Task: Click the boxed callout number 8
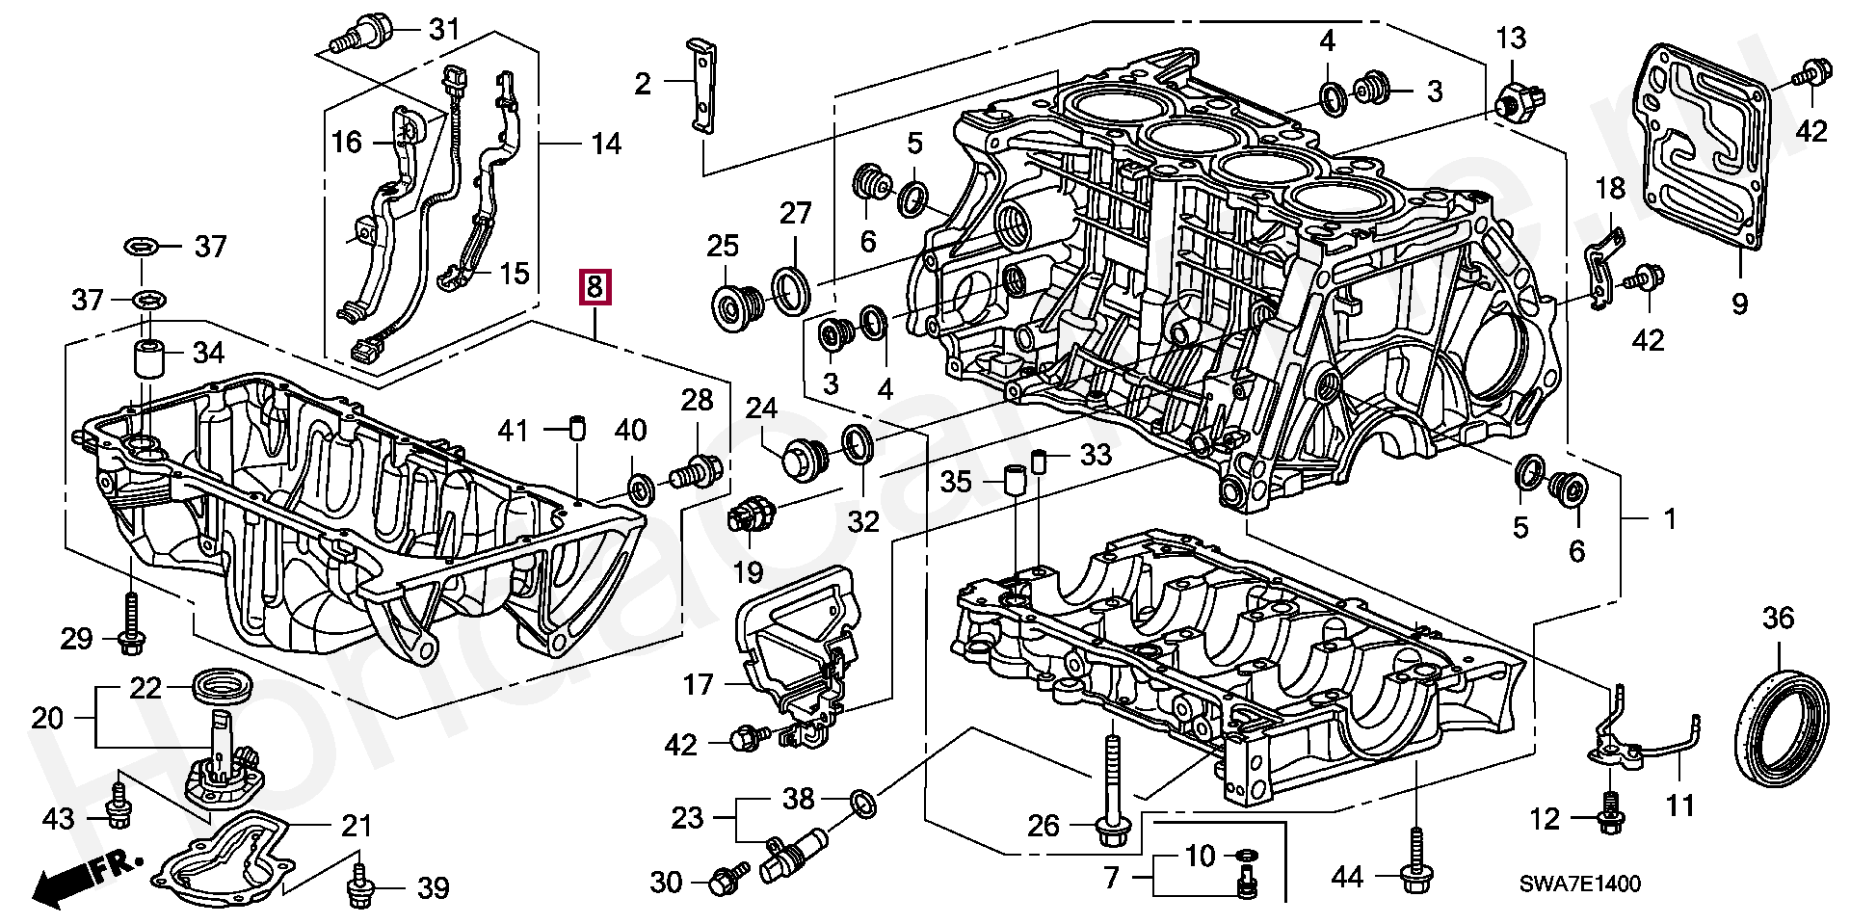tap(595, 287)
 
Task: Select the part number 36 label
tap(1778, 618)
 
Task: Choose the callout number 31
tap(444, 30)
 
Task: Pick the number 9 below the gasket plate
tap(1739, 304)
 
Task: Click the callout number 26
tap(1044, 826)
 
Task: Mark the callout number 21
tap(357, 826)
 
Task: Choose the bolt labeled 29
tap(130, 624)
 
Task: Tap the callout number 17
tap(698, 685)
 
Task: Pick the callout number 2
tap(643, 84)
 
